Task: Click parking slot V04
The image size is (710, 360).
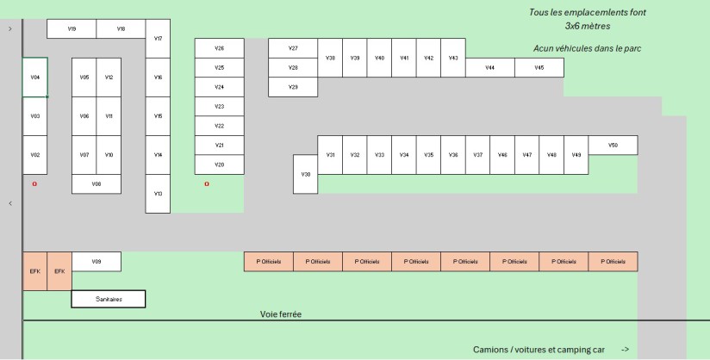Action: (35, 77)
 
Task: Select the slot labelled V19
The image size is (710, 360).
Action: (72, 28)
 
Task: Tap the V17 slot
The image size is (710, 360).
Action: (158, 39)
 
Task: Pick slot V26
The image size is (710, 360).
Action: (219, 48)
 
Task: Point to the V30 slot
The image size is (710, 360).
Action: (305, 173)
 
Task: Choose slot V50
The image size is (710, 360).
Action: (613, 145)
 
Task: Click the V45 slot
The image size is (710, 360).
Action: (539, 67)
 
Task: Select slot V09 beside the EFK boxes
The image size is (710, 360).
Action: (96, 261)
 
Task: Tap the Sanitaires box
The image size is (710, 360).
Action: (109, 299)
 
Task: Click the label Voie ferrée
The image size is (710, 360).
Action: (281, 314)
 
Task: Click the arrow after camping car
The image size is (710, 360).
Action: (625, 350)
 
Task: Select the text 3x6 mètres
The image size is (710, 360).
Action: (588, 27)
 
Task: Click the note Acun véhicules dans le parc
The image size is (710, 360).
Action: (587, 48)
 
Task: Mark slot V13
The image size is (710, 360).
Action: (158, 193)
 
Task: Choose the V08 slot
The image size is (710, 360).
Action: (96, 183)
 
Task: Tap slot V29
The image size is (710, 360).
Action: (293, 87)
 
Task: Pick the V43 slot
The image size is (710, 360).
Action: (453, 58)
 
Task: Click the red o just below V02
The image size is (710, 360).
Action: (34, 183)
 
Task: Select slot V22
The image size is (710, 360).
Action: (219, 126)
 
